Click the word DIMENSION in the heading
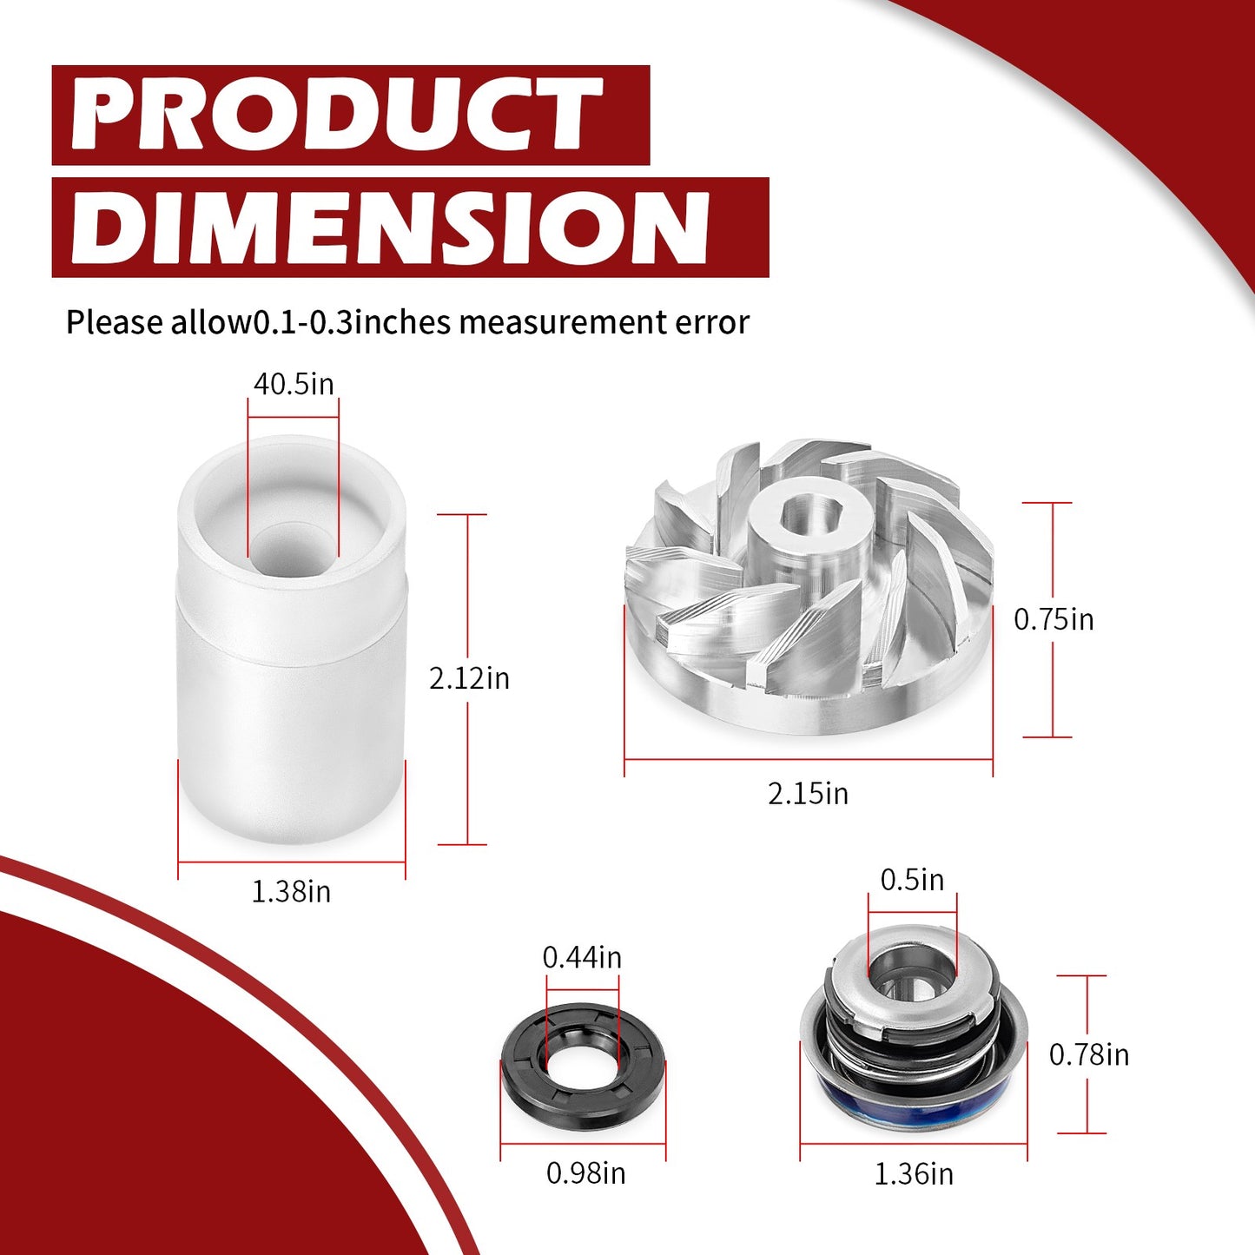click(390, 228)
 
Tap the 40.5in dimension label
click(294, 384)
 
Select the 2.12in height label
click(469, 678)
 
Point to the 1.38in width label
click(291, 892)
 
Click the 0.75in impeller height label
click(1054, 619)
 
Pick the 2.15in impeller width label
click(809, 794)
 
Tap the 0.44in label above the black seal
click(582, 957)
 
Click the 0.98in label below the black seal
click(586, 1173)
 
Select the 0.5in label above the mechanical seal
click(913, 880)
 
